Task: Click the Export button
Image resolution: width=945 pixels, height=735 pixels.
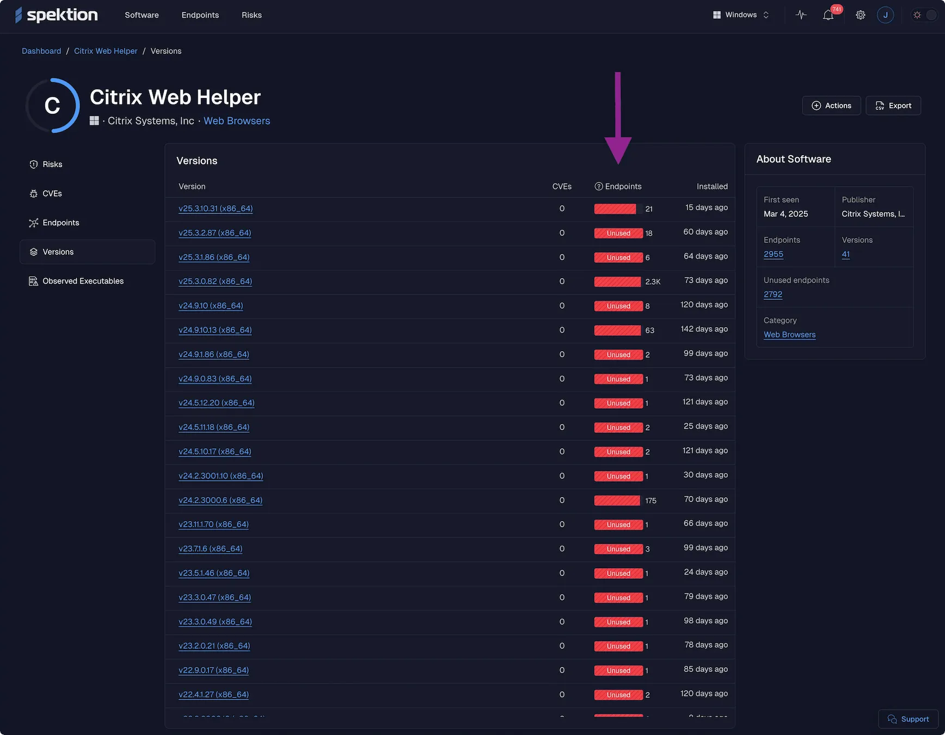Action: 893,106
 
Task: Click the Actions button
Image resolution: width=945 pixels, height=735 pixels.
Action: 831,106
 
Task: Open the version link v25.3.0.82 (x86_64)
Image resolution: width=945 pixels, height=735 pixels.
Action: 215,281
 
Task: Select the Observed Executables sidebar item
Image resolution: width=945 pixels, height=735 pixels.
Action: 83,281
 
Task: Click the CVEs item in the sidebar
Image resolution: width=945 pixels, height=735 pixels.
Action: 52,193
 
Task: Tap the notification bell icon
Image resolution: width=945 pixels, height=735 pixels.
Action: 828,15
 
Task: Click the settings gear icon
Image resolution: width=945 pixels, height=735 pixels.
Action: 860,15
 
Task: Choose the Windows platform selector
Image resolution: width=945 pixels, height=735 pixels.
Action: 741,15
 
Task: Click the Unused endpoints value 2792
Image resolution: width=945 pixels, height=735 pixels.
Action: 772,295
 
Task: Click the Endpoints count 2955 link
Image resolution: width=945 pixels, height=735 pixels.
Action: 773,254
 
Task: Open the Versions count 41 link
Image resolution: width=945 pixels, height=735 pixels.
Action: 845,254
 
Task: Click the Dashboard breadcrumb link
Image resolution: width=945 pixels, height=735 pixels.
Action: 41,51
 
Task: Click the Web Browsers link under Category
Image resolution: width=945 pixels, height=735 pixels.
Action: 789,335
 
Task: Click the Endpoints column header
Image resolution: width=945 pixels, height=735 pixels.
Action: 623,186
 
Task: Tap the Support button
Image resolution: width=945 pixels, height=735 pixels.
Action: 908,719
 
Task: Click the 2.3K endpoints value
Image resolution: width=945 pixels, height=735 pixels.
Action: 653,281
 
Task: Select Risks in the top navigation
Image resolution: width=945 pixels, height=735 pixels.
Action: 251,15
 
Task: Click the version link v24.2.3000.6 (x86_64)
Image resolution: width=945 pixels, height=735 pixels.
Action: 220,500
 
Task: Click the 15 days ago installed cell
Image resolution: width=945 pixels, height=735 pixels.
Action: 706,207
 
